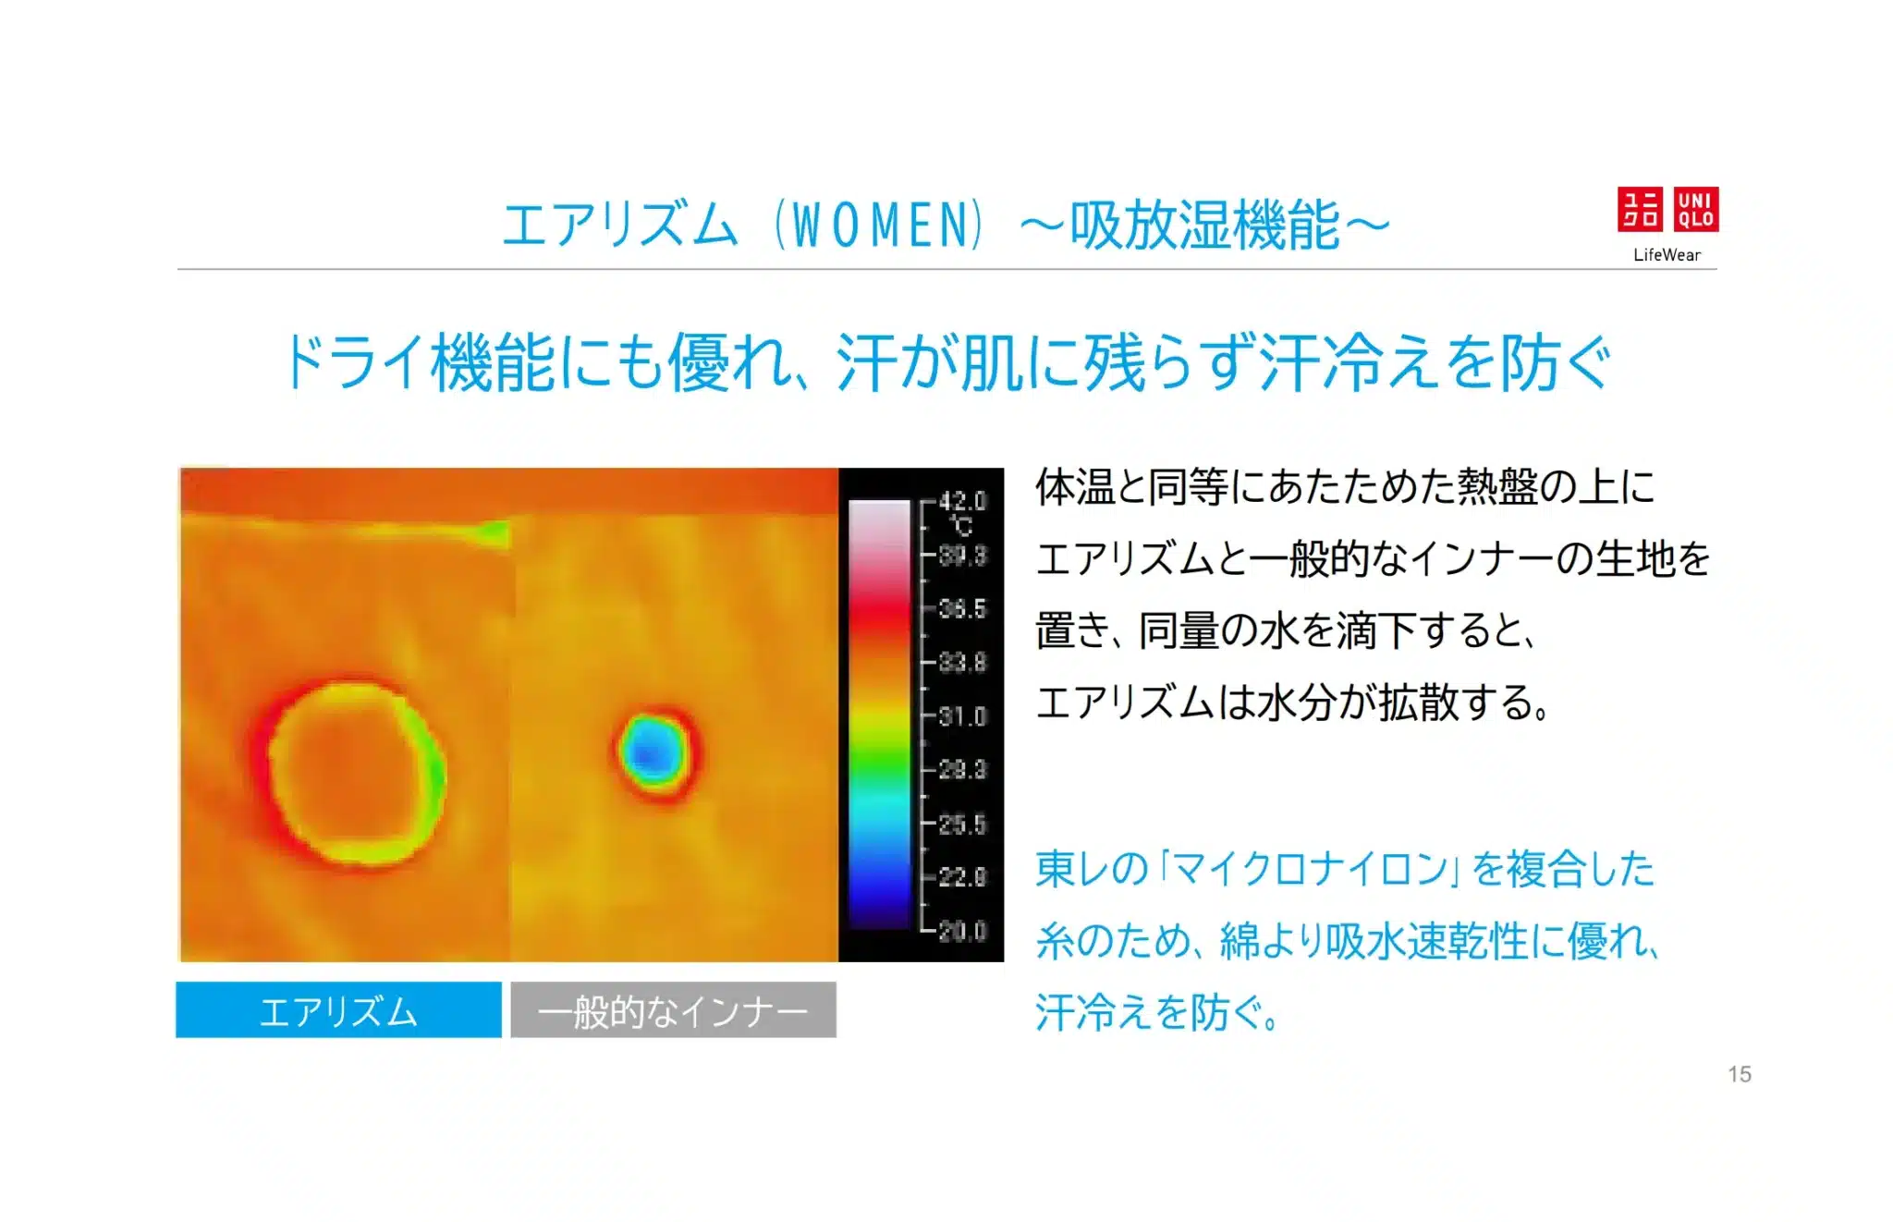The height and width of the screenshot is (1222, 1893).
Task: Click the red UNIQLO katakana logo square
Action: click(1640, 209)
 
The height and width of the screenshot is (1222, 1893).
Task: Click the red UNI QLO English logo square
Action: click(1696, 209)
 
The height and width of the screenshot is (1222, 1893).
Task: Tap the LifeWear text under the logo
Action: click(1667, 255)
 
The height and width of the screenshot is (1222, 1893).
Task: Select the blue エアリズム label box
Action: click(338, 1010)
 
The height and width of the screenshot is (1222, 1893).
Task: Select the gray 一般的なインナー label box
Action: click(673, 1010)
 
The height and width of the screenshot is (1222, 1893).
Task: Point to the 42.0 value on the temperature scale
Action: click(962, 502)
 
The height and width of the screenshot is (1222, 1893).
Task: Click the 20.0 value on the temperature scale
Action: click(962, 931)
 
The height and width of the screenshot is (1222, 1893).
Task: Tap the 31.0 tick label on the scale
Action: click(962, 716)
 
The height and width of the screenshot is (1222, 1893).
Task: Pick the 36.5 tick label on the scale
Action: click(962, 609)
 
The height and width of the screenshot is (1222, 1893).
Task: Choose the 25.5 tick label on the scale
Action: click(962, 824)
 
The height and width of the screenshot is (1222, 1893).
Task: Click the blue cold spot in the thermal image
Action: click(652, 752)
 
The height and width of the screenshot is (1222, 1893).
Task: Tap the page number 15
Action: click(1740, 1074)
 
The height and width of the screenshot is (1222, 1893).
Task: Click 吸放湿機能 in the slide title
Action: click(1204, 226)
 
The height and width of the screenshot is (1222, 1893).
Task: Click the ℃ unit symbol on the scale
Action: click(962, 527)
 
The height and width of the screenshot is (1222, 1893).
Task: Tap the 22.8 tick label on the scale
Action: click(962, 877)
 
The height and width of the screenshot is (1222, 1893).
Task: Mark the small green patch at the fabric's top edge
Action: click(494, 532)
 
